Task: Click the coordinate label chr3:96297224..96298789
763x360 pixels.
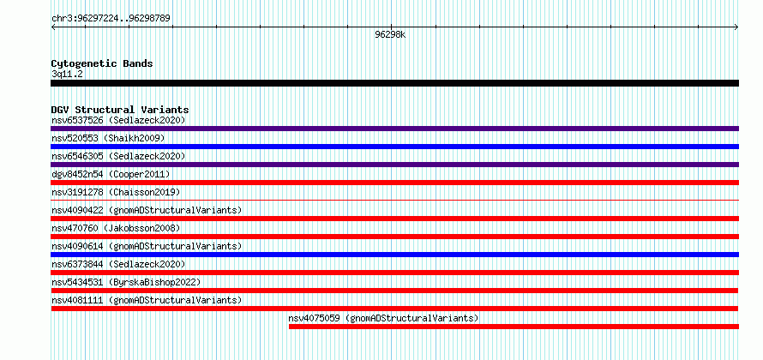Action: tap(111, 19)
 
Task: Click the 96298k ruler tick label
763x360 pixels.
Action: tap(390, 34)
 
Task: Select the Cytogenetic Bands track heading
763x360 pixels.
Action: tap(102, 63)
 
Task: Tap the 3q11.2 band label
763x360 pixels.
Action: tap(67, 74)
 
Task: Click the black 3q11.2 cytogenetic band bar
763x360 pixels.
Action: tap(394, 83)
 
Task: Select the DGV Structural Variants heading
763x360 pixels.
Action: tap(120, 110)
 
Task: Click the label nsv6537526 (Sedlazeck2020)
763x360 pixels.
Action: tap(118, 120)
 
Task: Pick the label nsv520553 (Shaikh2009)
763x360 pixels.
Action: tap(108, 138)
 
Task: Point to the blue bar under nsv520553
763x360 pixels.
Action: tap(394, 147)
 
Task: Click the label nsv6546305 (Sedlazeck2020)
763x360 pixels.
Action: tap(118, 156)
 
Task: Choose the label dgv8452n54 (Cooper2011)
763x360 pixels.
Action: tap(111, 174)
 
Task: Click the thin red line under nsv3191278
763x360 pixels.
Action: tap(394, 200)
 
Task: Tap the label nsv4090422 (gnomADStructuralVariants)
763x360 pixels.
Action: tap(147, 210)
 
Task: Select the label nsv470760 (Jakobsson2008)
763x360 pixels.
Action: tap(116, 228)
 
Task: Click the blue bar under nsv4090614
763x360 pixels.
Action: tap(394, 255)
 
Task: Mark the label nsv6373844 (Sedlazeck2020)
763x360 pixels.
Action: tap(118, 264)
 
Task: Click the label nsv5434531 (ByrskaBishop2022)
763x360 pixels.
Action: tap(126, 282)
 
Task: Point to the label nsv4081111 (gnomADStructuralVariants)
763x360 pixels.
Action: tap(147, 300)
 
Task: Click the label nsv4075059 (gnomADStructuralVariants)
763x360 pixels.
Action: tap(383, 318)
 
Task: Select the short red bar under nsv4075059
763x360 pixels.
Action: tap(514, 327)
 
